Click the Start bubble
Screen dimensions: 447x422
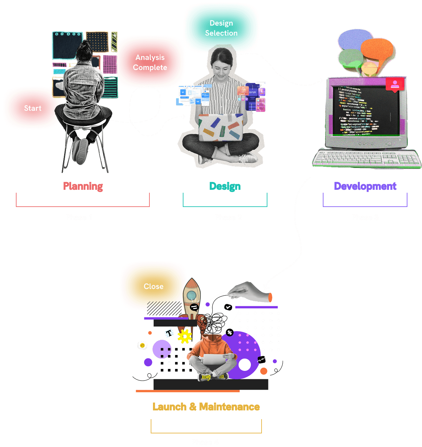[32, 108]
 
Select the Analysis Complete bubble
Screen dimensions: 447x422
[150, 62]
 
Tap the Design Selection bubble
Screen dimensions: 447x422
[221, 28]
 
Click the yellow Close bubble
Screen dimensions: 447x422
[153, 286]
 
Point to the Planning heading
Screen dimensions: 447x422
[83, 186]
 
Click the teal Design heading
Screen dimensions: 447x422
[225, 186]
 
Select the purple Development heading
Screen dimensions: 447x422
[365, 186]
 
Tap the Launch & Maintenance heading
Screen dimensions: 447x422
[206, 407]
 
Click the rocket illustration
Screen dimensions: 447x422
[192, 298]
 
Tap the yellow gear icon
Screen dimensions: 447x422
[185, 336]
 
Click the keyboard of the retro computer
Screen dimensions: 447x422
[366, 159]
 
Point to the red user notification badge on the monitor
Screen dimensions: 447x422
[394, 85]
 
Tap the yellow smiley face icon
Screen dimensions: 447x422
[142, 345]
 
